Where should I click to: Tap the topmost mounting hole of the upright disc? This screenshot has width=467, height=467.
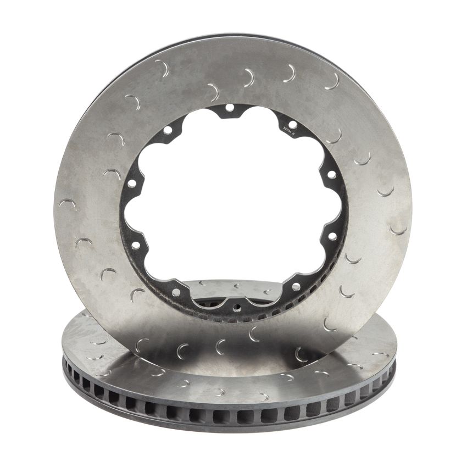click(229, 107)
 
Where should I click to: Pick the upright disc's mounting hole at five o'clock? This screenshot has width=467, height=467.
click(296, 287)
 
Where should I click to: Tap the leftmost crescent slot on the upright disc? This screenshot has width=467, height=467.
click(67, 204)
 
